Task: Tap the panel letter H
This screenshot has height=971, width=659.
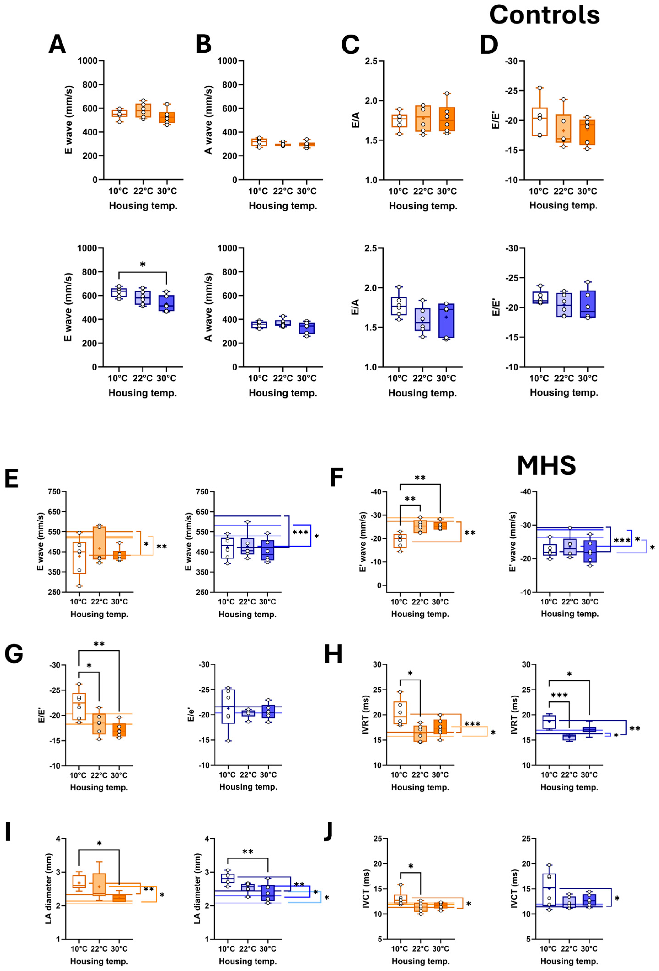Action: pyautogui.click(x=333, y=654)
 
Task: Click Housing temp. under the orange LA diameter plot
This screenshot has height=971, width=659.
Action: pyautogui.click(x=99, y=961)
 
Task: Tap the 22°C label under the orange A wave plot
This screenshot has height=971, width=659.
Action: pyautogui.click(x=283, y=191)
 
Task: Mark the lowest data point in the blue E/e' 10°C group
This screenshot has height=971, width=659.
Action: pyautogui.click(x=228, y=741)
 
